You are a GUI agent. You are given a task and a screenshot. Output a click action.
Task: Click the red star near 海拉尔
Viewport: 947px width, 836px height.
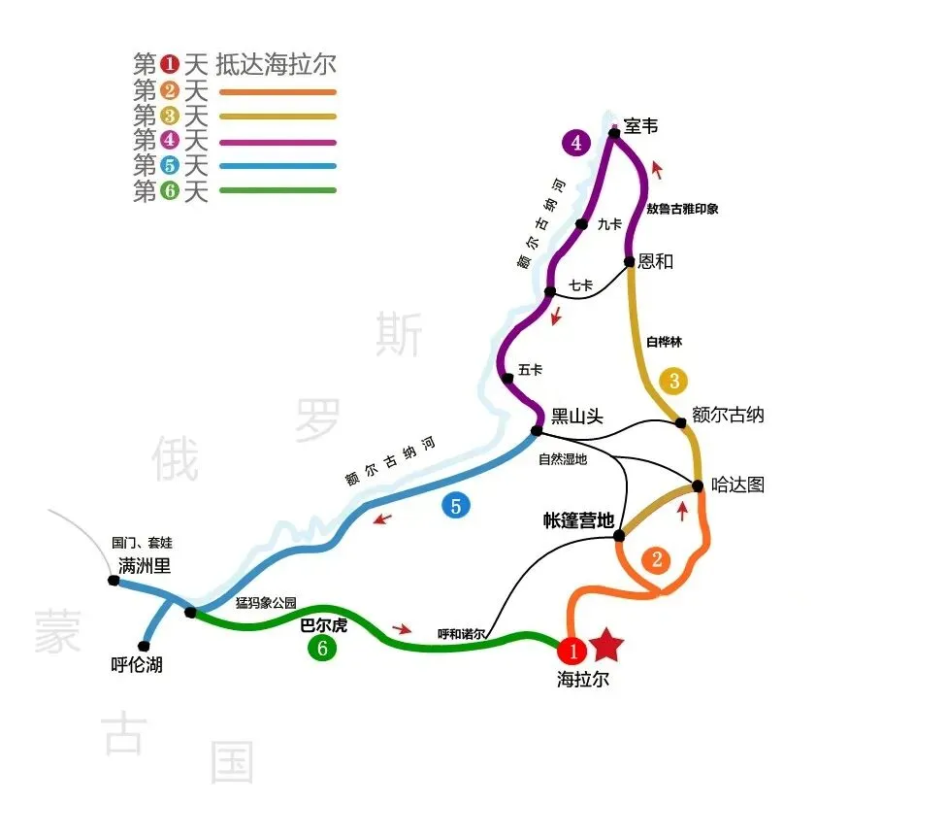[607, 643]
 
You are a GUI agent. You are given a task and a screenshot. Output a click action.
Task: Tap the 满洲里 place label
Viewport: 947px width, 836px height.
[145, 565]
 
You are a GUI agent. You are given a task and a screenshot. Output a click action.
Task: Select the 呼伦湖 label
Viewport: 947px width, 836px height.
[137, 666]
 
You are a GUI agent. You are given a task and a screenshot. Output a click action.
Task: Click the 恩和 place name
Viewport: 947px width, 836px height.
[656, 261]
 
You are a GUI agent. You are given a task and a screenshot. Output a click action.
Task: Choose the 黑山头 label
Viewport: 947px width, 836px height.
[577, 417]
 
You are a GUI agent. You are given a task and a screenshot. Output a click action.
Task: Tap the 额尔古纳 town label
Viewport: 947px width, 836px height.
[728, 415]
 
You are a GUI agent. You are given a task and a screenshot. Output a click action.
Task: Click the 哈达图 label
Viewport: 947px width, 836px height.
[737, 485]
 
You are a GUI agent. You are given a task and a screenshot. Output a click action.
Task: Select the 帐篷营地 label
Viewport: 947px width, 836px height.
[578, 520]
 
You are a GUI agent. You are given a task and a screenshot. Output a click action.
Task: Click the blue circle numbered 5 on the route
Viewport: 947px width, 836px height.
[456, 505]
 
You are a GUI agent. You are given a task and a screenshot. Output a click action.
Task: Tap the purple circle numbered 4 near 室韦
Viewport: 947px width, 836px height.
[576, 144]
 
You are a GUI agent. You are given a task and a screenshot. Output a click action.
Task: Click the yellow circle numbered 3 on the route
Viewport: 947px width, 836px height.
[673, 381]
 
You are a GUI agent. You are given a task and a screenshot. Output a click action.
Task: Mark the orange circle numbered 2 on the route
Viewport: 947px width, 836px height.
[657, 559]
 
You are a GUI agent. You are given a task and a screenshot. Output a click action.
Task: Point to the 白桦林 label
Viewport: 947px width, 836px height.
[665, 342]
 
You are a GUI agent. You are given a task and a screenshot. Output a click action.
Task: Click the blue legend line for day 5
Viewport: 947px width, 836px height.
[278, 166]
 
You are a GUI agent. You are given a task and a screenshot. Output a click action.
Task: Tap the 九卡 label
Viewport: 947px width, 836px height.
[609, 224]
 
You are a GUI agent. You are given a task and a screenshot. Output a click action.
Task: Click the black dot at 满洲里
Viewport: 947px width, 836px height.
[114, 581]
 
